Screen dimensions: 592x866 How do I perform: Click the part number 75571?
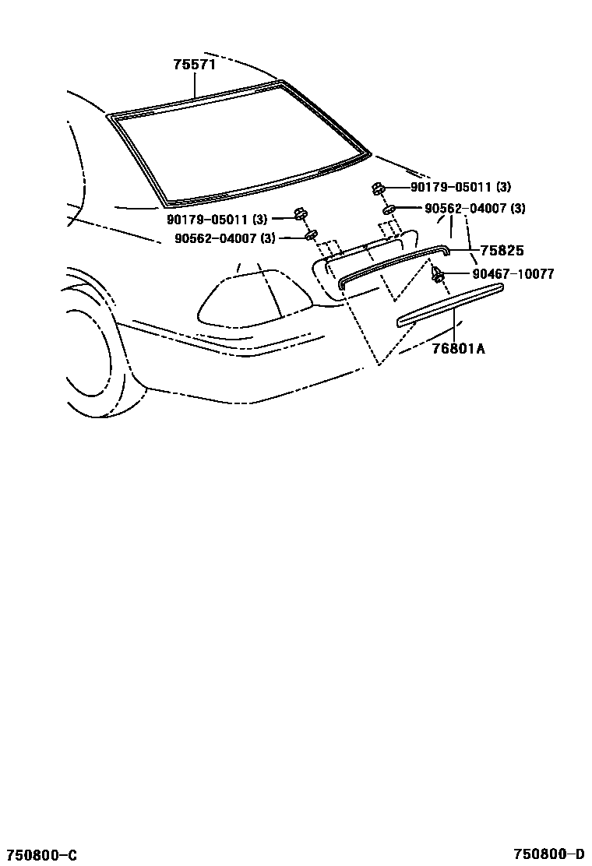194,65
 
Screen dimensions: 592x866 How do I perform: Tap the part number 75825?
502,251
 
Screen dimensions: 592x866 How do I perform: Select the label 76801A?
459,349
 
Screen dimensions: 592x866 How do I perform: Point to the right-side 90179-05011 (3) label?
460,187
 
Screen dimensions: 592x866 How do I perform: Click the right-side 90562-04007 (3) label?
474,209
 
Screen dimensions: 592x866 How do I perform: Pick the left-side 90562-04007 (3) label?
224,238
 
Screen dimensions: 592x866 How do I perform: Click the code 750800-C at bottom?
39,855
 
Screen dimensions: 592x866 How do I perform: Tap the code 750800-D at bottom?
549,855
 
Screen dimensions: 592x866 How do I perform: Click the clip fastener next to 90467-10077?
438,273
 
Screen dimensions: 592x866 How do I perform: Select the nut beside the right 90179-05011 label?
377,188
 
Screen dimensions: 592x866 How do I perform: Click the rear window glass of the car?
234,144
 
